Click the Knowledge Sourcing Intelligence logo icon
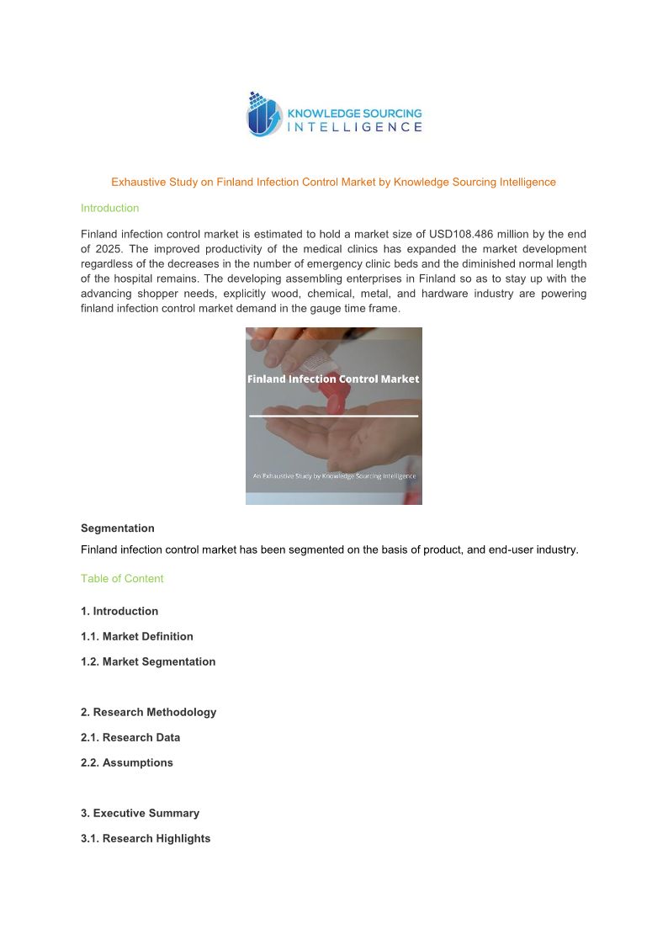263,115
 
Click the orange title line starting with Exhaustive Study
333,182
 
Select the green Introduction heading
109,208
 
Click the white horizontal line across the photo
333,416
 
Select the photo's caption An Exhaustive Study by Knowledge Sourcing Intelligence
333,475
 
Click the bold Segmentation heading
118,528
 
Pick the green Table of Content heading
122,579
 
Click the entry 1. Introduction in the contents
119,611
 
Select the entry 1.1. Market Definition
137,636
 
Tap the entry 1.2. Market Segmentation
148,661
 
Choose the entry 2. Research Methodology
148,712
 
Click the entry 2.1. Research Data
130,737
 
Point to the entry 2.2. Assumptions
127,762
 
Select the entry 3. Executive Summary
140,813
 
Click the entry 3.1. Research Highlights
146,838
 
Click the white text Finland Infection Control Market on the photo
333,379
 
